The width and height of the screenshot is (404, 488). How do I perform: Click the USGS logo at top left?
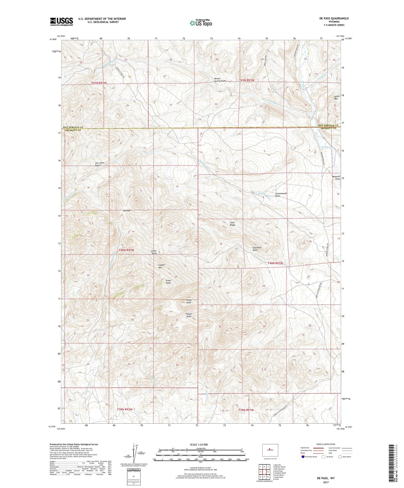tap(61, 22)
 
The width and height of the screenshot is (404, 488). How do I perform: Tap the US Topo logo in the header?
tap(201, 23)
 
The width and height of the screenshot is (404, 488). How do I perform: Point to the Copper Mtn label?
tap(162, 266)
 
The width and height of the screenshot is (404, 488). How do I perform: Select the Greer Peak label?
tap(168, 282)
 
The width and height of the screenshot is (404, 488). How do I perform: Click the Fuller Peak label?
tap(189, 301)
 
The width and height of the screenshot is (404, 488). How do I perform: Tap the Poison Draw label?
tap(189, 315)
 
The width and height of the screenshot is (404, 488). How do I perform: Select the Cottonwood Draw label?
tap(281, 195)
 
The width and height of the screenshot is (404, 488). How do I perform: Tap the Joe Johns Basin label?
tap(99, 164)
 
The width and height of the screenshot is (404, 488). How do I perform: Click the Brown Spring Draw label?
tap(220, 80)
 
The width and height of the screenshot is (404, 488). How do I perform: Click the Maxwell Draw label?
tap(336, 178)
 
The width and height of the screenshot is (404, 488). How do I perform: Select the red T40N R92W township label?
tap(126, 250)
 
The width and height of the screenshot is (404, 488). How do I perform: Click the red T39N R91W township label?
tap(246, 410)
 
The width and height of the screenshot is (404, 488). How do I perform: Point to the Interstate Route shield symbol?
tap(303, 457)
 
